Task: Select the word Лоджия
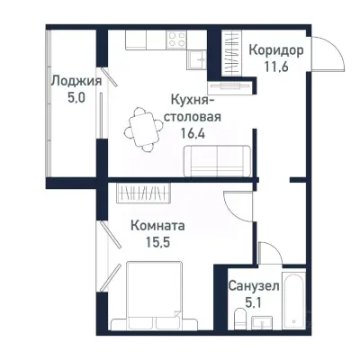tap(75, 80)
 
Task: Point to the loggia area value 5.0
tap(75, 97)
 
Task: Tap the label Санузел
tap(253, 285)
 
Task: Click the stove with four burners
tap(175, 40)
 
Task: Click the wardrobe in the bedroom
tap(144, 193)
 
